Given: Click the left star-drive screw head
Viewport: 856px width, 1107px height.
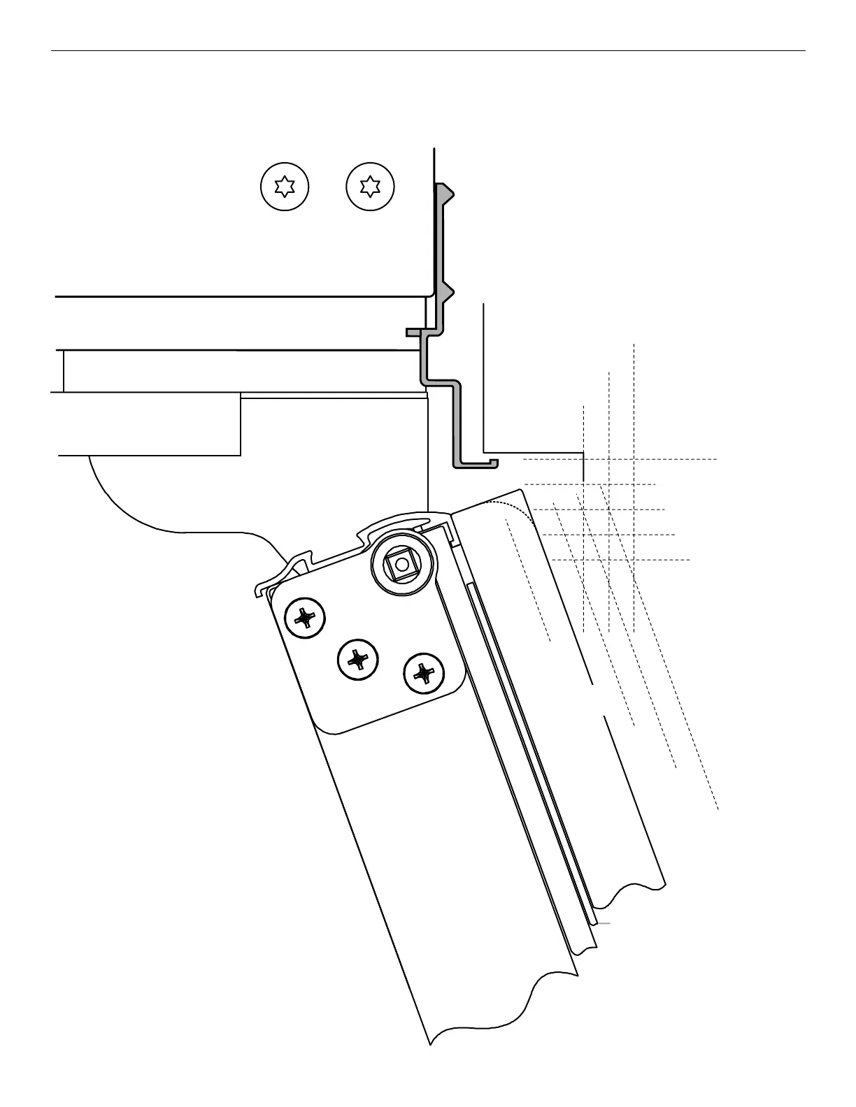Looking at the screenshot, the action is [x=284, y=187].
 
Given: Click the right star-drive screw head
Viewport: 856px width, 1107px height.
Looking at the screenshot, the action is [x=370, y=187].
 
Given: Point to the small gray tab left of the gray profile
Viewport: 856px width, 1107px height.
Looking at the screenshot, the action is [x=413, y=332].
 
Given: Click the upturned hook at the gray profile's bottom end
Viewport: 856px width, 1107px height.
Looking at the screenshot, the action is [x=494, y=462].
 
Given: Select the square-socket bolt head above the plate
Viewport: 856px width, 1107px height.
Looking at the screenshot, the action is [x=401, y=563].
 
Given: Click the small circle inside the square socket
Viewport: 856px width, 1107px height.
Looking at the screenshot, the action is [x=401, y=563].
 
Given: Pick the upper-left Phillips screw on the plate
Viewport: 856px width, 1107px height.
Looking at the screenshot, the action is [x=306, y=618].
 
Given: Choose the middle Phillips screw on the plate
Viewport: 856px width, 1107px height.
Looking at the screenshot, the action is [x=358, y=659].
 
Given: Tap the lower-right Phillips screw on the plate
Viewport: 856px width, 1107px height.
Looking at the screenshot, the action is [x=425, y=674].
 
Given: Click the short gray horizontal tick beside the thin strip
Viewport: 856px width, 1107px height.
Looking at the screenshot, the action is [x=604, y=923].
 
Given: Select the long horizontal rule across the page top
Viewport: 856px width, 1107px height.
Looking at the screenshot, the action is [x=428, y=50].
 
